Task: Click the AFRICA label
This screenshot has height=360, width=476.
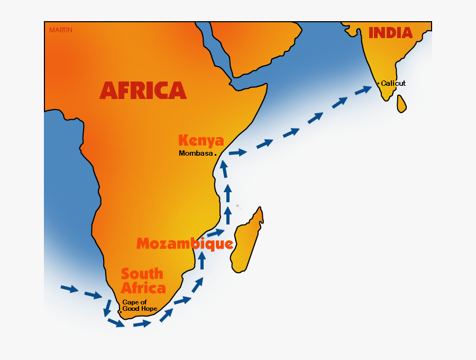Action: click(x=143, y=91)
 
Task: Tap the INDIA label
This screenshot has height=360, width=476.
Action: click(x=390, y=33)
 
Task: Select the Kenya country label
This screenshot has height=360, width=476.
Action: click(x=201, y=140)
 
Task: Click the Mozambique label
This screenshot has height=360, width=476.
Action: click(x=185, y=244)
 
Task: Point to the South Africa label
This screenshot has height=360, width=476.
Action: click(x=143, y=281)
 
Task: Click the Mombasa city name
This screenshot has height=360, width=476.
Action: click(x=196, y=154)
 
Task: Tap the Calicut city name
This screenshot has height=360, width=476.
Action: click(x=393, y=84)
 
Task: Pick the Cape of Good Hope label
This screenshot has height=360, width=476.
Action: click(x=140, y=305)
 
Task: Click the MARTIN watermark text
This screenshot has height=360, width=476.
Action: click(x=61, y=30)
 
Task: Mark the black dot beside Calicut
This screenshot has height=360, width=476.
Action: click(x=378, y=84)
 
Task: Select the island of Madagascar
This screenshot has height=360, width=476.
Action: click(x=247, y=241)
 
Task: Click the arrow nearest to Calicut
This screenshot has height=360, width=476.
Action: click(x=363, y=90)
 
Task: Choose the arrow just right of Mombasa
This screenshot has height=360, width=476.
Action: click(x=237, y=152)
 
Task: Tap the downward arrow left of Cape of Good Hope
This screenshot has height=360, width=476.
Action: click(x=107, y=307)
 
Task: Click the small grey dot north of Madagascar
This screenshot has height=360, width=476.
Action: click(x=237, y=205)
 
